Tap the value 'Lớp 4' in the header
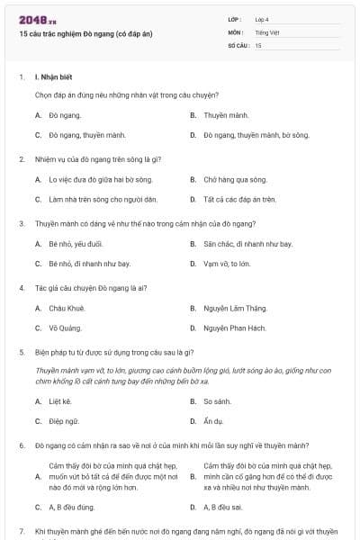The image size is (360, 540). click(x=262, y=19)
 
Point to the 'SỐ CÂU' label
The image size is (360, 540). click(x=238, y=44)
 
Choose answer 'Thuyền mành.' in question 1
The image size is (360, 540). click(x=226, y=115)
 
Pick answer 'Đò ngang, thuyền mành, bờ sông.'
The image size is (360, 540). click(x=256, y=135)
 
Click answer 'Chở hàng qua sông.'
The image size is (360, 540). click(x=235, y=179)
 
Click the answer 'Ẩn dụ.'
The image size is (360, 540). click(x=214, y=419)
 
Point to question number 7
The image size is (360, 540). click(x=22, y=532)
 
